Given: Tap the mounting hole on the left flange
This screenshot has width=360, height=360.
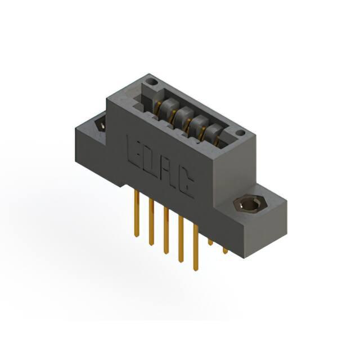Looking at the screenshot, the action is point(101,124).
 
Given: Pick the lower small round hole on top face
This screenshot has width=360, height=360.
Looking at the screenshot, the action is point(240,133).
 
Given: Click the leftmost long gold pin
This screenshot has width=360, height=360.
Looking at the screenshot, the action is point(137,213).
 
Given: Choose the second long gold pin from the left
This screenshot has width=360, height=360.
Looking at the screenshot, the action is point(151,222).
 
